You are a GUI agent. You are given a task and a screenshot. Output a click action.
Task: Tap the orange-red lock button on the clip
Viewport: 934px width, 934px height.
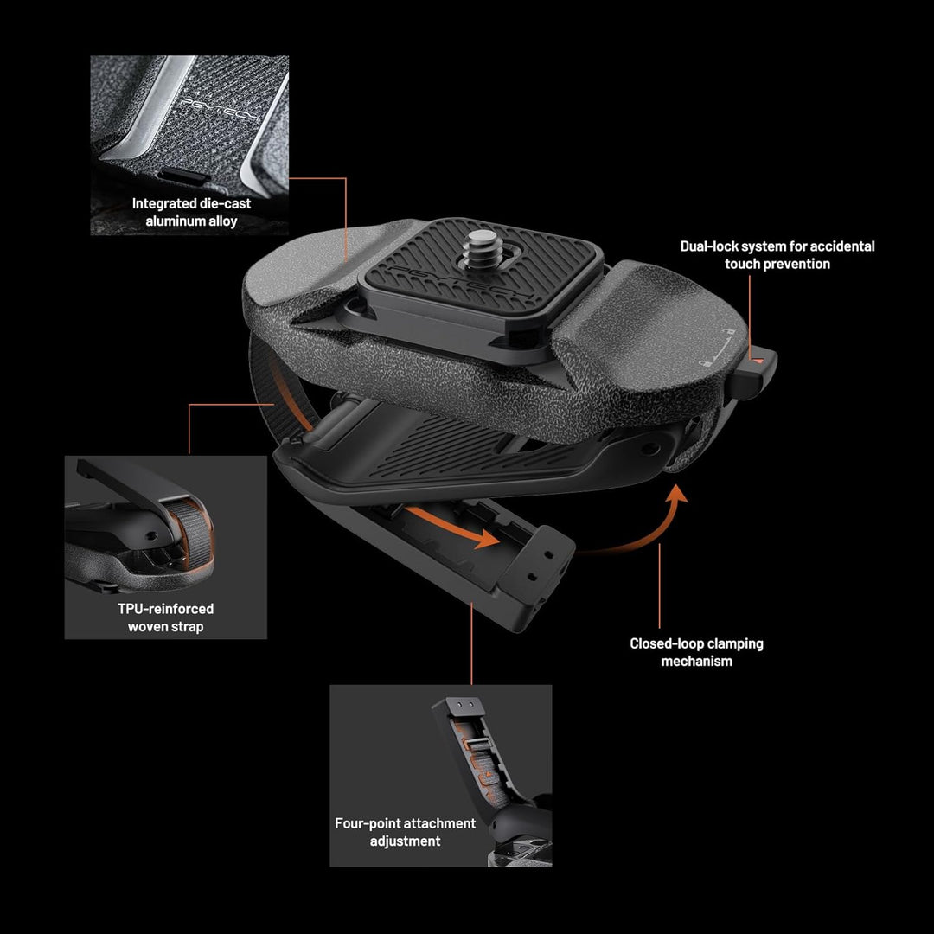tap(757, 361)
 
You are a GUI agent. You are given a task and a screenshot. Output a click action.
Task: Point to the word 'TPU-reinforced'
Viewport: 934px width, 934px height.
tap(165, 609)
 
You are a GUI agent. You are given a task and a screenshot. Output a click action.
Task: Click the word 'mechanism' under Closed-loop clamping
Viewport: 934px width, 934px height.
tap(696, 662)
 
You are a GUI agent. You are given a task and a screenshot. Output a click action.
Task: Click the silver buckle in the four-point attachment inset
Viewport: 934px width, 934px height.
tap(477, 745)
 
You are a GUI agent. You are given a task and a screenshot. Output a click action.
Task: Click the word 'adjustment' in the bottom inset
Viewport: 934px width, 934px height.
tap(405, 841)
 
